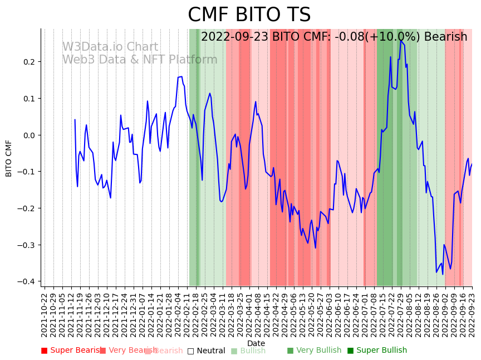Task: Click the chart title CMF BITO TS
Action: point(249,15)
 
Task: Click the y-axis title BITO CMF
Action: point(9,158)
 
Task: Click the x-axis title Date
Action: point(256,343)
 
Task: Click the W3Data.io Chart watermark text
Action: point(110,47)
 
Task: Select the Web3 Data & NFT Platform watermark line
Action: point(139,60)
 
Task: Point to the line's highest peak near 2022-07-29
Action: point(400,40)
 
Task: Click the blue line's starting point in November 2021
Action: point(75,119)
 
